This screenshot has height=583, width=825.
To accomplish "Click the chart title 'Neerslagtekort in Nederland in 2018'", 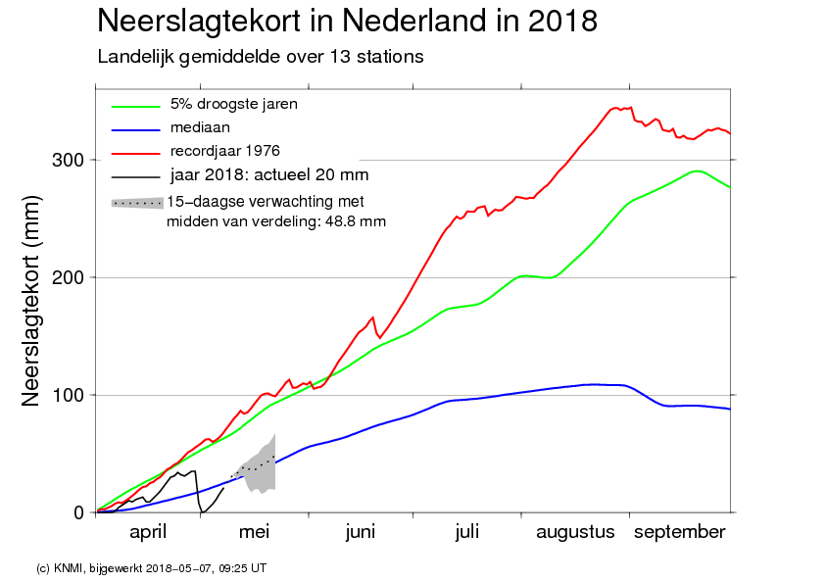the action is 347,21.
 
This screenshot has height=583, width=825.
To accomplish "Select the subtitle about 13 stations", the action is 261,57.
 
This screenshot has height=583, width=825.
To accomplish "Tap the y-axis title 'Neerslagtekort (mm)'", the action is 30,301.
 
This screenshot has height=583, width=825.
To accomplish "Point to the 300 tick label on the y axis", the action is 68,160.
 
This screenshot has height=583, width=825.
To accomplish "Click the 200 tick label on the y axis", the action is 68,277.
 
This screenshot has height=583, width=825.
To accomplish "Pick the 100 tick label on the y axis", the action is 68,395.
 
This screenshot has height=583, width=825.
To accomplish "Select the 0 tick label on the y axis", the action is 79,512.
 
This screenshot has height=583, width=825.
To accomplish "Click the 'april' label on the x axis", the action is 148,532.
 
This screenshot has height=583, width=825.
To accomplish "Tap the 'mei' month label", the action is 254,532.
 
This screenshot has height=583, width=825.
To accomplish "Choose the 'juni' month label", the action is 361,532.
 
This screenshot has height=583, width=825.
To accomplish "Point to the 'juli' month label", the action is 467,532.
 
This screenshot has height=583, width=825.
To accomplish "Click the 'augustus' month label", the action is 575,532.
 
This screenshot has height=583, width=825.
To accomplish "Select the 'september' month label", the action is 680,532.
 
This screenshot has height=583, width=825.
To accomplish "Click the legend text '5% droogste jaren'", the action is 233,104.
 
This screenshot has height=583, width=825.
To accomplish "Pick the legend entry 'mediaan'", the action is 200,127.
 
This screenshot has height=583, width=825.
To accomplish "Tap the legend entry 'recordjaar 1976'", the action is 224,151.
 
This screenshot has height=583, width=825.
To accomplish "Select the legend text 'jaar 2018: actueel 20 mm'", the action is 268,174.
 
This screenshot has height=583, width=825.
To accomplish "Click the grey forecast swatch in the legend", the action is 137,203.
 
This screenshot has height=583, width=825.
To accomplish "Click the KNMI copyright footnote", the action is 151,568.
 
